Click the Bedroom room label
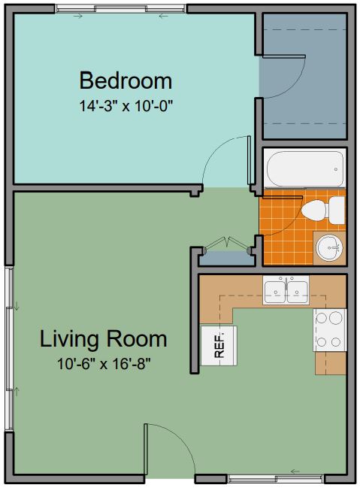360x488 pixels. (126, 80)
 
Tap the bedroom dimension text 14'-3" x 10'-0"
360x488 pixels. (126, 106)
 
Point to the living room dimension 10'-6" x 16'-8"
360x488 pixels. (104, 363)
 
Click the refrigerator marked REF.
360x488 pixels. (219, 345)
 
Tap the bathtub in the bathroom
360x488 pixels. (304, 168)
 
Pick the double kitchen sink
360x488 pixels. (286, 290)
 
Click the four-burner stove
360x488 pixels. (330, 330)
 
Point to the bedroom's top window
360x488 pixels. (121, 9)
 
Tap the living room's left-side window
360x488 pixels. (9, 349)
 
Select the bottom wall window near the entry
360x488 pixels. (275, 479)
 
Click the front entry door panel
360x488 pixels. (146, 448)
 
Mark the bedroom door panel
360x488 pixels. (249, 160)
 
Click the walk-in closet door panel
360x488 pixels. (284, 56)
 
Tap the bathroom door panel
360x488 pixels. (282, 197)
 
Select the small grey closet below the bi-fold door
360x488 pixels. (226, 259)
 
